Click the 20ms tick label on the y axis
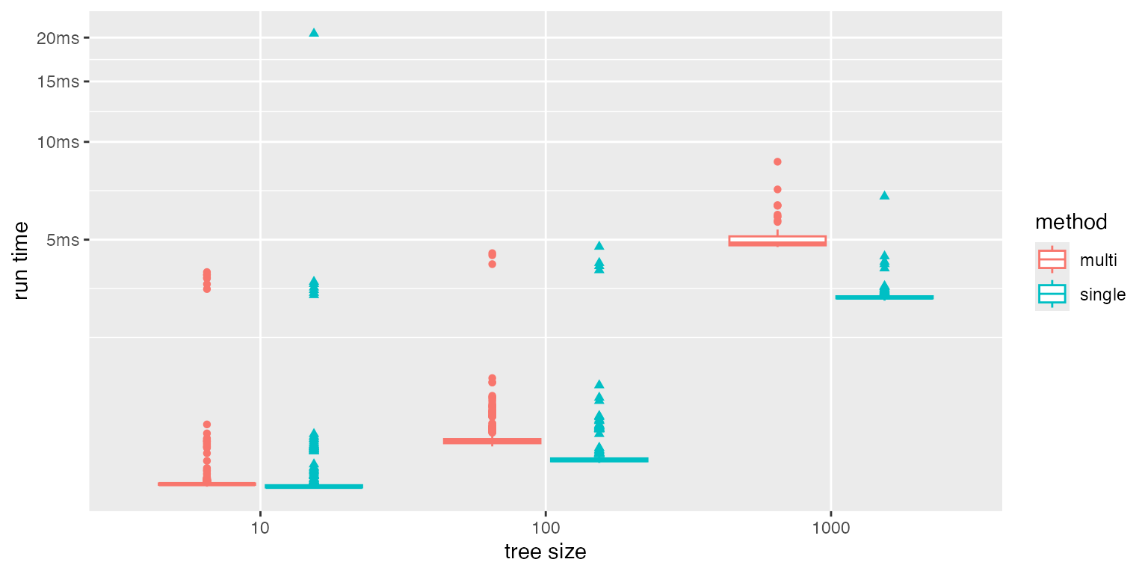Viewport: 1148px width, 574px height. click(58, 38)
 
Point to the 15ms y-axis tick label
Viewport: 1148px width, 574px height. click(58, 81)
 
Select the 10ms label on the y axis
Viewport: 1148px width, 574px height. click(58, 142)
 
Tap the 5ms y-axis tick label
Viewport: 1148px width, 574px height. click(61, 240)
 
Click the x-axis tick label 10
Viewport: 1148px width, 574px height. click(260, 528)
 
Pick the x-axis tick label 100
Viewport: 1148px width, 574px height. click(546, 528)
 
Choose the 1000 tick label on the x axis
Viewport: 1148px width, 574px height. click(831, 528)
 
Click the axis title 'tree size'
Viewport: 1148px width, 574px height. click(545, 552)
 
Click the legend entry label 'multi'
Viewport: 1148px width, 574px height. click(1099, 260)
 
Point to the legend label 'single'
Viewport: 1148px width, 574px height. click(1102, 294)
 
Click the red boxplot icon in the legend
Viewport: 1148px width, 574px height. click(1052, 259)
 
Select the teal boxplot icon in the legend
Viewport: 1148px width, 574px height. click(1052, 294)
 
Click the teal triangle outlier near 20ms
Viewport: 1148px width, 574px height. click(314, 32)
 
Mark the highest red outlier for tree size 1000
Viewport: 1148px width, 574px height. click(777, 161)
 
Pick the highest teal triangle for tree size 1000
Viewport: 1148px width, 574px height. click(884, 195)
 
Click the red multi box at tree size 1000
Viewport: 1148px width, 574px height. click(777, 241)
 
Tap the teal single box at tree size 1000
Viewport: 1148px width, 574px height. click(884, 297)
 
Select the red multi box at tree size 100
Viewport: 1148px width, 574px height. click(492, 441)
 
